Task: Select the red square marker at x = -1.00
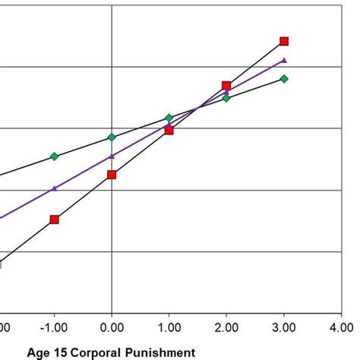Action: (x=55, y=219)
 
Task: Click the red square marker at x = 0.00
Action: (x=112, y=175)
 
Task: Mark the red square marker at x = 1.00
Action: (x=169, y=131)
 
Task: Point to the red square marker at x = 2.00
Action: (x=226, y=86)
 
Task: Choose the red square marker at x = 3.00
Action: (x=284, y=41)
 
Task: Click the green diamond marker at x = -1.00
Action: (x=55, y=156)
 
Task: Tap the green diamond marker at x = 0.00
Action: (x=112, y=137)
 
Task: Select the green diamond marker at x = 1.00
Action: (x=169, y=118)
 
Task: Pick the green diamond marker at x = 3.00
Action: (x=284, y=78)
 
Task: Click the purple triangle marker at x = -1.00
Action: (x=55, y=188)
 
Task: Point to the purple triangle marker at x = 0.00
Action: (x=112, y=156)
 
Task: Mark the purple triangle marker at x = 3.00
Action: (x=284, y=59)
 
